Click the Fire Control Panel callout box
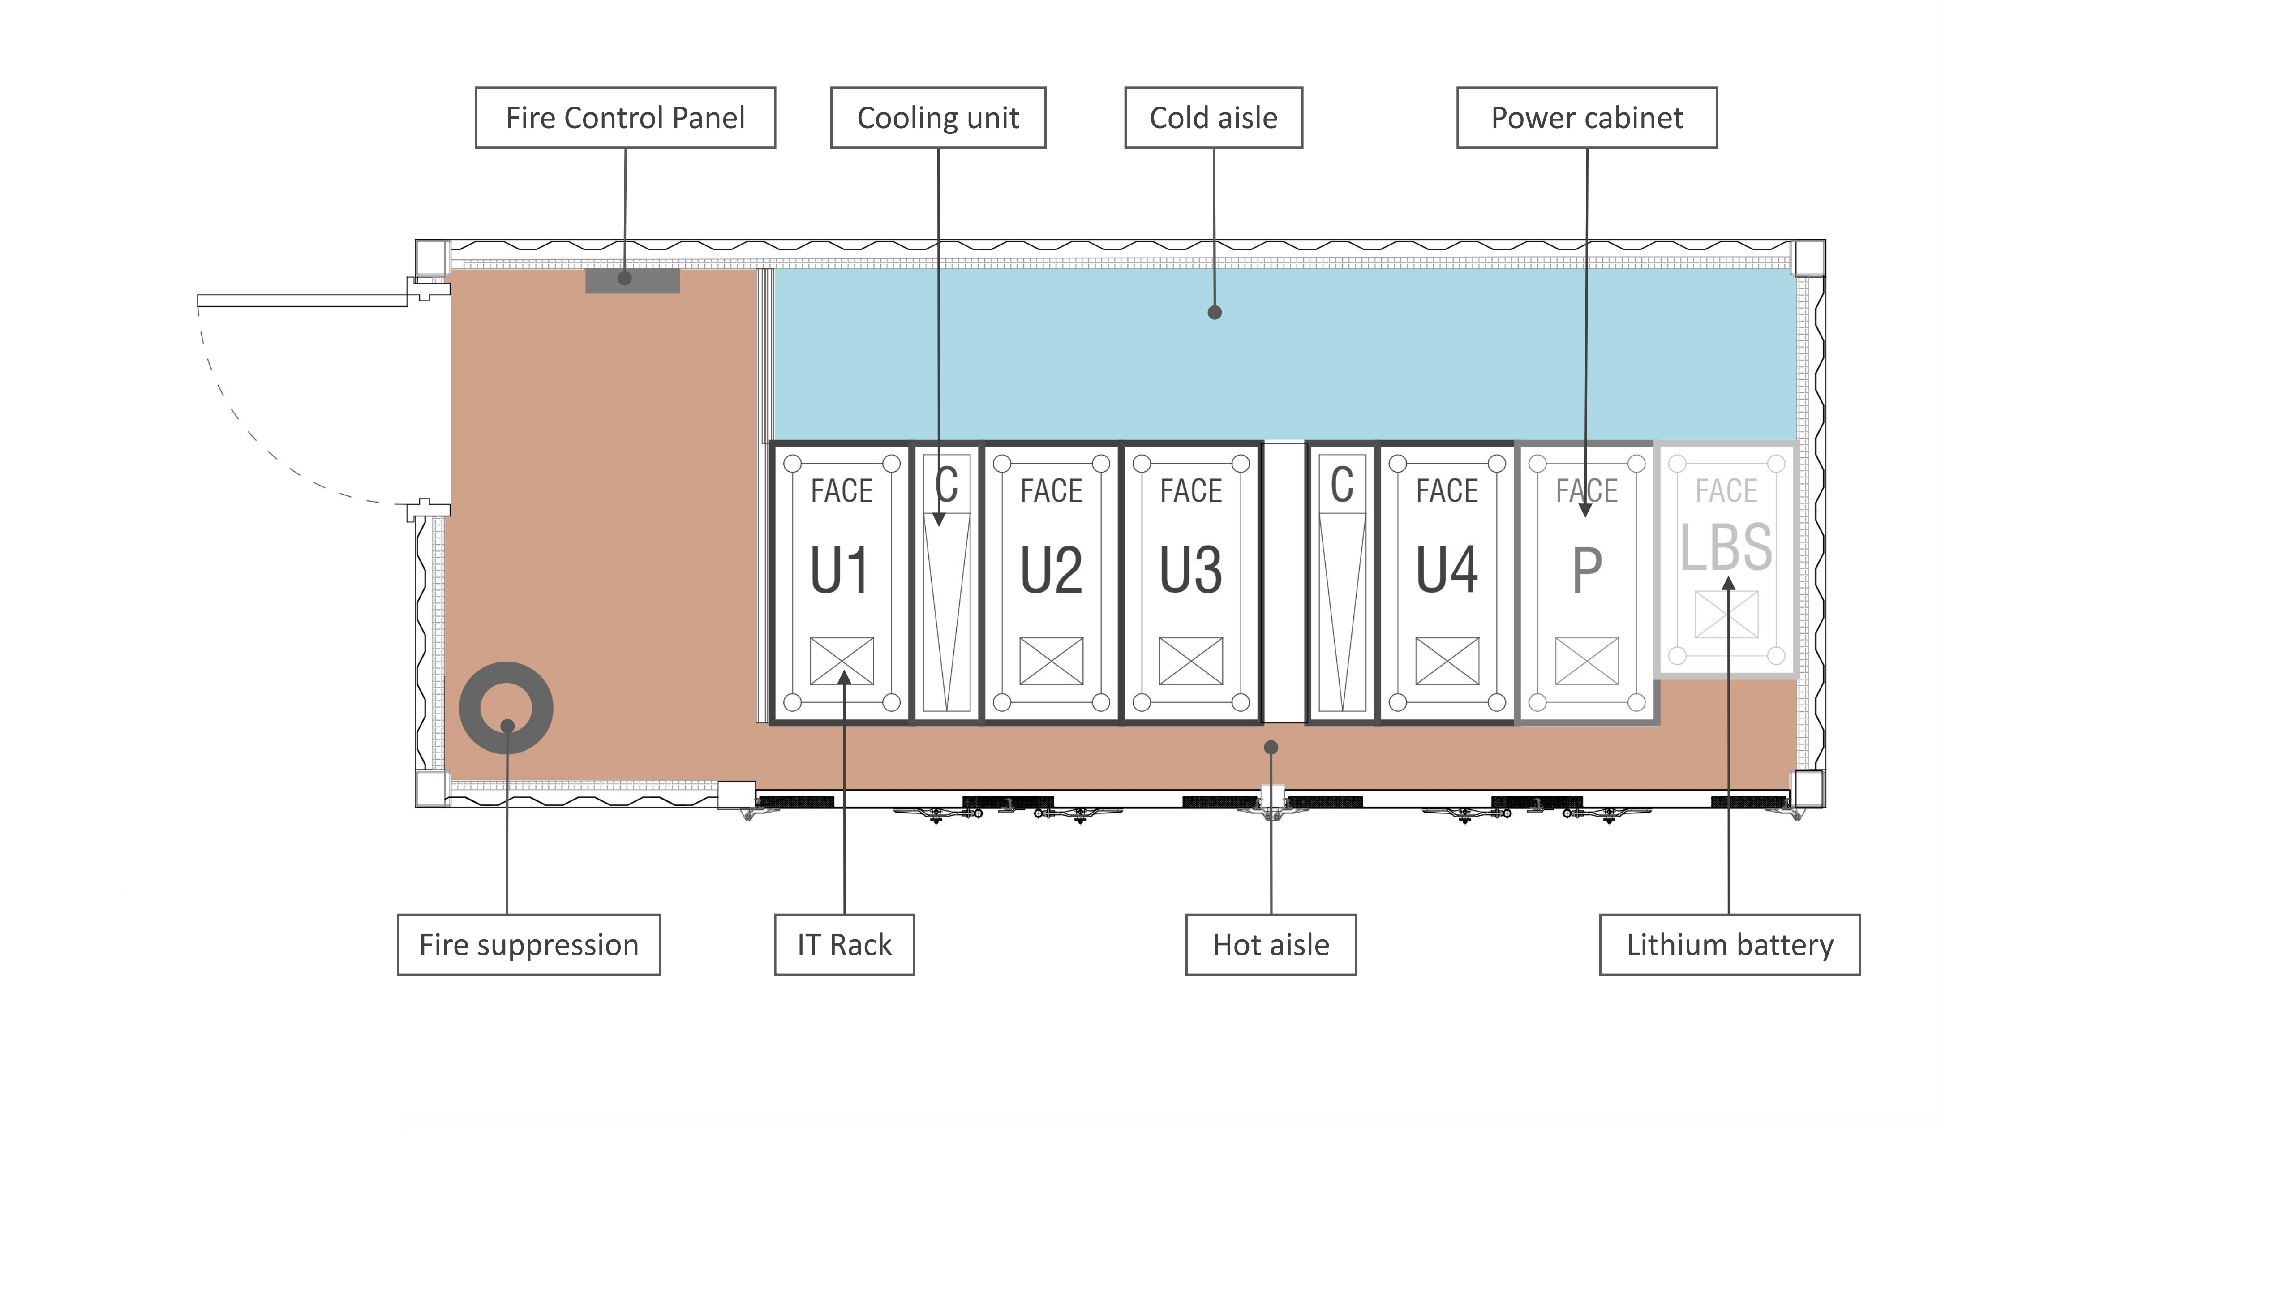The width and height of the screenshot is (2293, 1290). tap(625, 117)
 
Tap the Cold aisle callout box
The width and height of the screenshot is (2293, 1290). tap(1213, 117)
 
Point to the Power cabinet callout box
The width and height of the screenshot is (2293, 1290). tap(1586, 117)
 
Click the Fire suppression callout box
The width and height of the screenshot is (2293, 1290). tap(529, 945)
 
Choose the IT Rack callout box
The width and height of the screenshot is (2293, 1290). tap(844, 945)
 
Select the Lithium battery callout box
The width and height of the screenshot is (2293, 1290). tap(1730, 945)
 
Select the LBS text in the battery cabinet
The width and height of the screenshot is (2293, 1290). tap(1726, 546)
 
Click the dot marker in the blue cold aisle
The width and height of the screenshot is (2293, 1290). tap(1214, 313)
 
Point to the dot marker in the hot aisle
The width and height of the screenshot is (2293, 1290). tap(1271, 747)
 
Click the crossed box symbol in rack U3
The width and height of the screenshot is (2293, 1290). tap(1191, 661)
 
